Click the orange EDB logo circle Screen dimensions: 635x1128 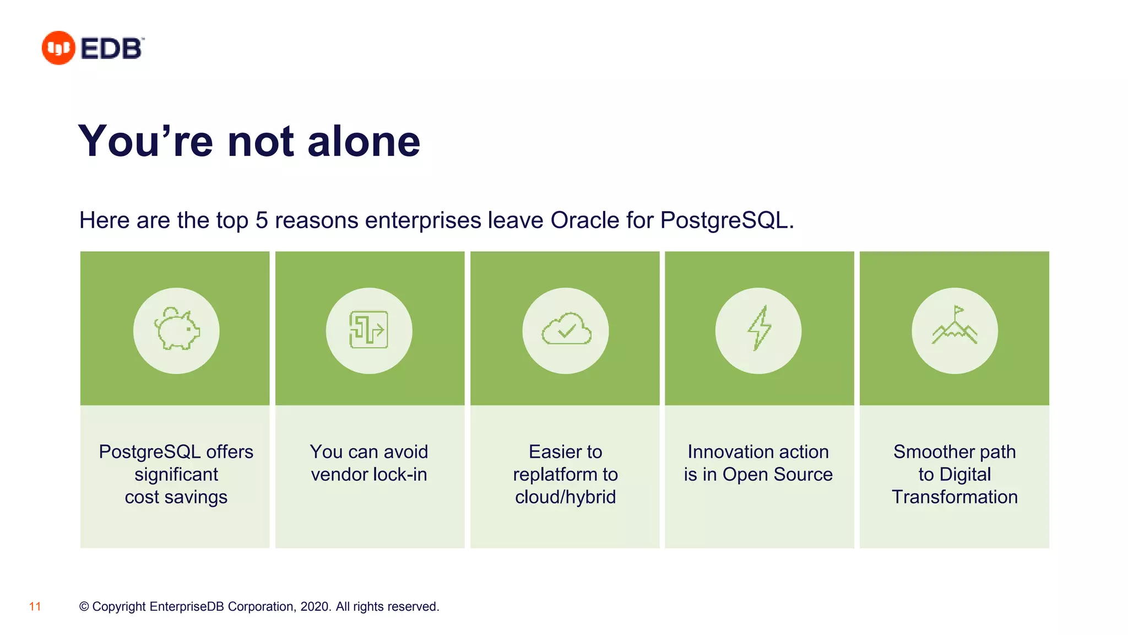click(x=58, y=48)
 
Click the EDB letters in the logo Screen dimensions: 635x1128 click(x=112, y=49)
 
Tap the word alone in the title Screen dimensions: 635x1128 click(x=364, y=142)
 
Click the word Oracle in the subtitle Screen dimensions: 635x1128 click(x=585, y=220)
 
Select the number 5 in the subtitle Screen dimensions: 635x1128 click(x=262, y=220)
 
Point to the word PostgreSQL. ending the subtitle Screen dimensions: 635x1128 click(x=726, y=220)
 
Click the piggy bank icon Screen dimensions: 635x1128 click(x=176, y=330)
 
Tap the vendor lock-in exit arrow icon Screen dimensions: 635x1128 click(x=369, y=330)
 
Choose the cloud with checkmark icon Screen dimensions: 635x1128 click(x=566, y=330)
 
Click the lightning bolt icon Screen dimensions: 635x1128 click(x=758, y=330)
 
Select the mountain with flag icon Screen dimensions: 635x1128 click(x=955, y=328)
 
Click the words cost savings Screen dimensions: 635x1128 click(x=176, y=497)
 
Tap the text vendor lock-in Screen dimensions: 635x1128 click(x=368, y=474)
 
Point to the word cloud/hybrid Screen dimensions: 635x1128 click(x=565, y=497)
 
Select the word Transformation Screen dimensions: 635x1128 click(x=955, y=497)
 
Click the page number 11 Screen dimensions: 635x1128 click(x=35, y=606)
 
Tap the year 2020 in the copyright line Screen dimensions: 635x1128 click(x=314, y=606)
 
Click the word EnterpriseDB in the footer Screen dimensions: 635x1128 click(x=187, y=606)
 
